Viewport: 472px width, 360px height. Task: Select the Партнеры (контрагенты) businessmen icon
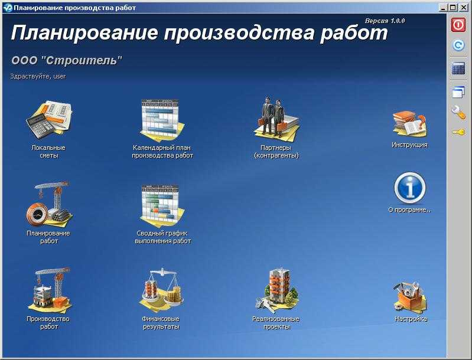(276, 118)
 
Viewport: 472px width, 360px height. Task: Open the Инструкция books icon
(409, 123)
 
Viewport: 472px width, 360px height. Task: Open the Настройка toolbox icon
(409, 296)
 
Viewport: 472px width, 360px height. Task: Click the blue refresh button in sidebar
(458, 45)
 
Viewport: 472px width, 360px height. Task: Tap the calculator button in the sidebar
(458, 68)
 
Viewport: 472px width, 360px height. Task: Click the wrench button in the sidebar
(458, 112)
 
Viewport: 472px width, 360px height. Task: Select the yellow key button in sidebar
(458, 132)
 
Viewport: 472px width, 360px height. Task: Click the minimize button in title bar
(444, 8)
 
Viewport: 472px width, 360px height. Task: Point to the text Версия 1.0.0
(385, 21)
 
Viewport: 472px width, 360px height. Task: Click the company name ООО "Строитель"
(67, 60)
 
